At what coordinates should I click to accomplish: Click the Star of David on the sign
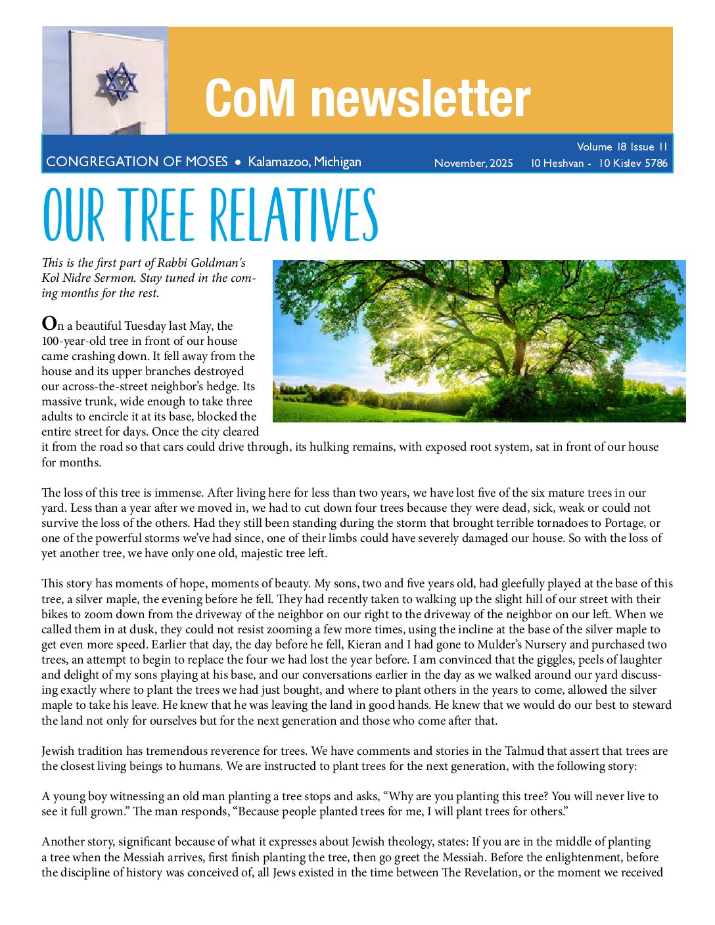(x=118, y=81)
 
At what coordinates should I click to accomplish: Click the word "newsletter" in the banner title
(x=421, y=99)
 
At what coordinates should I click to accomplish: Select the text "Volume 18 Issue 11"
(x=622, y=147)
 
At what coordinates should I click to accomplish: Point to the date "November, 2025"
(x=473, y=163)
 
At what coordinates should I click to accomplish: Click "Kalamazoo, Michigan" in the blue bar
(x=304, y=162)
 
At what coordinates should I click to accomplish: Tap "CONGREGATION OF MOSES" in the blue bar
(x=137, y=162)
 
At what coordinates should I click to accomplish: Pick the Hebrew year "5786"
(x=656, y=163)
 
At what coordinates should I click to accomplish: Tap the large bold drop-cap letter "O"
(x=49, y=324)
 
